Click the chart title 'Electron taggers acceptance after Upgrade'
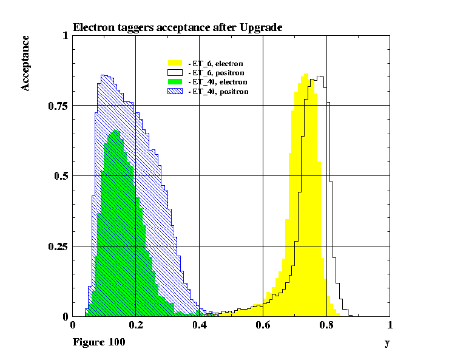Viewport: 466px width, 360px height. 177,27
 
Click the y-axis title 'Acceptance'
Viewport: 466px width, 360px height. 25,63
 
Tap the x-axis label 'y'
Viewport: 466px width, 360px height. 387,343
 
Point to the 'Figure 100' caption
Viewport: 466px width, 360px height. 99,342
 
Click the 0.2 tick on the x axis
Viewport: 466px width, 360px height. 136,325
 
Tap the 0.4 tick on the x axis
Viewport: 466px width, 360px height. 199,325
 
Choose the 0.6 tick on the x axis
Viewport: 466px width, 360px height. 263,325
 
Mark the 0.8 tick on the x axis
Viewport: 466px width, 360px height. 326,325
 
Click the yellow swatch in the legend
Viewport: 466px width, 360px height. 175,63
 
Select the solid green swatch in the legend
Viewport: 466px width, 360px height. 175,81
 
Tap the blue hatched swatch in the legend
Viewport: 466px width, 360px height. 175,91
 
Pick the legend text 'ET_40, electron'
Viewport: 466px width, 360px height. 220,81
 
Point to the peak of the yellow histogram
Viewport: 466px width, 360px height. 306,75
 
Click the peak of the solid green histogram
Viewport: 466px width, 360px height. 115,131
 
